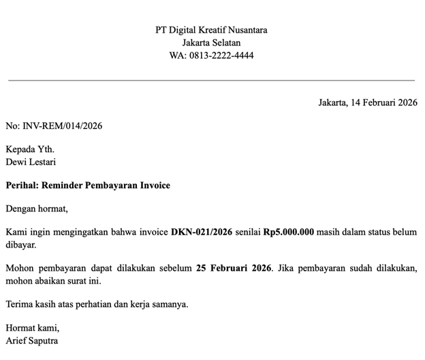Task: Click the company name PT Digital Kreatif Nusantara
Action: (x=211, y=30)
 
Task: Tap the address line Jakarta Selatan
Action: (x=211, y=43)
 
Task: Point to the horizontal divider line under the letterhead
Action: (x=211, y=80)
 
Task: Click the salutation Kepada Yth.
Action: (x=30, y=149)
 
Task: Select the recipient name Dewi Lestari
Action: (x=31, y=162)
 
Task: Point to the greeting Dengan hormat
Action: (x=37, y=209)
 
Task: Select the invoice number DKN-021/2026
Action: (x=201, y=232)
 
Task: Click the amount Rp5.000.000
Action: (x=289, y=232)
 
